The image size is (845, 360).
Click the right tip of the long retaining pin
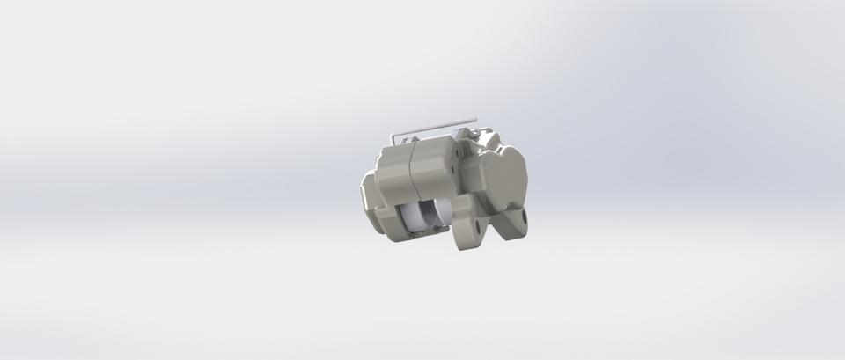point(475,119)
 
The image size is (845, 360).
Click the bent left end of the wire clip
point(393,138)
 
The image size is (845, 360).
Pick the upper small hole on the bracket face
point(457,153)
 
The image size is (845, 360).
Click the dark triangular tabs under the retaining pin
point(407,141)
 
